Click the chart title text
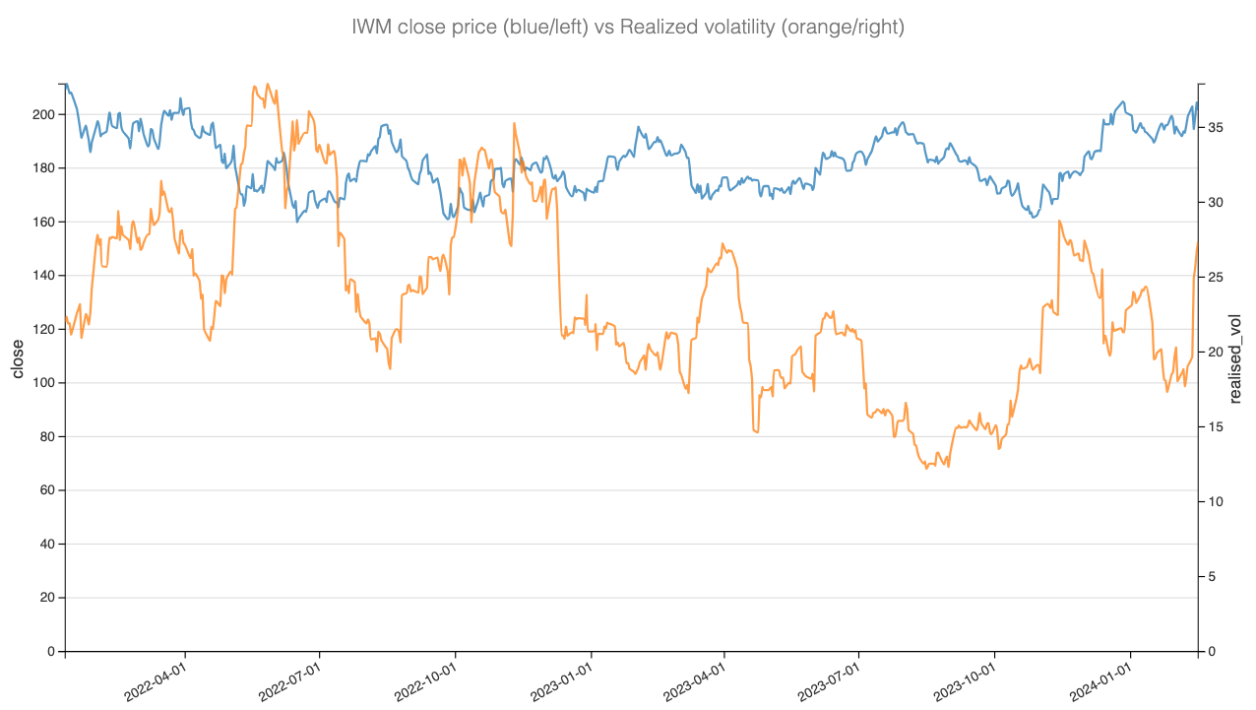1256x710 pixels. (x=628, y=28)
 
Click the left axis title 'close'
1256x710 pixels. (x=18, y=358)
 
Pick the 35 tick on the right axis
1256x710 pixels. (x=1216, y=128)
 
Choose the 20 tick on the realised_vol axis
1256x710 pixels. (x=1216, y=353)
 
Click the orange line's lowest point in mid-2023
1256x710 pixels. (x=926, y=468)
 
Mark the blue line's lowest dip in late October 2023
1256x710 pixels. (x=1034, y=217)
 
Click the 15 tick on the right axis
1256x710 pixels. (x=1216, y=427)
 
